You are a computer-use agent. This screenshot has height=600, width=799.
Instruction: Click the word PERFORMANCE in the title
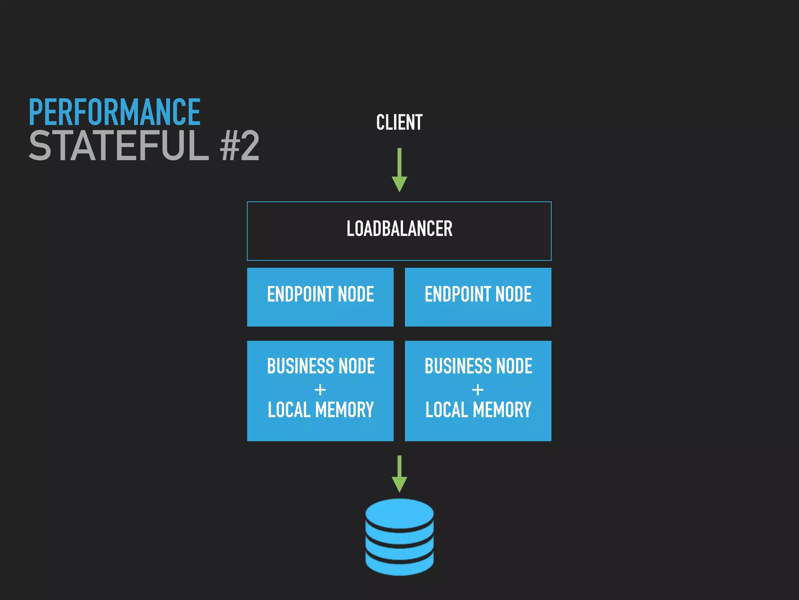(114, 112)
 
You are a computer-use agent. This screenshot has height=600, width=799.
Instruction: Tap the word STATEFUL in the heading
(119, 146)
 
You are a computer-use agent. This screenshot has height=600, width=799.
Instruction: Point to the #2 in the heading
(240, 146)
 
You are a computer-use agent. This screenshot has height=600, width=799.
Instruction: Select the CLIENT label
(399, 122)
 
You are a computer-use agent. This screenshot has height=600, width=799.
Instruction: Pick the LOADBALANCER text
(399, 229)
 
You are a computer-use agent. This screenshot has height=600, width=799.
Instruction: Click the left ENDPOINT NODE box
(320, 297)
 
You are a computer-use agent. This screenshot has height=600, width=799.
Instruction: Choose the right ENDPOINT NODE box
(478, 297)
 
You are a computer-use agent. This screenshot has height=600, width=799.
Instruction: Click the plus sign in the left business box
(320, 389)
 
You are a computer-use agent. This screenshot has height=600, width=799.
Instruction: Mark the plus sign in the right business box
(478, 389)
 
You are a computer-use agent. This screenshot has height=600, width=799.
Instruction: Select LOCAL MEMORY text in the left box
(320, 410)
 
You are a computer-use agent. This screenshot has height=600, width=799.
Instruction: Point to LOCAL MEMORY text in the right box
(478, 410)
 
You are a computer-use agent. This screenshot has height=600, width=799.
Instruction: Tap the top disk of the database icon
(399, 513)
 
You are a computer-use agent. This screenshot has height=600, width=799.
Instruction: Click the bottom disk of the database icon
(399, 564)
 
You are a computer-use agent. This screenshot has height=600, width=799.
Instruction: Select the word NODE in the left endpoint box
(355, 294)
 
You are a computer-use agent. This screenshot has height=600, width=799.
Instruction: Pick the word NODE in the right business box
(514, 366)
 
